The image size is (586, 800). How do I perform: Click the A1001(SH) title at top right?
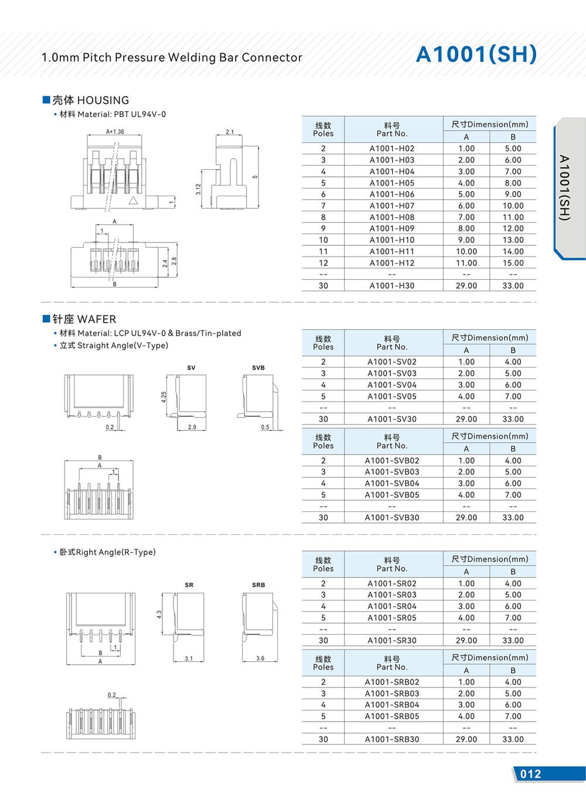click(x=476, y=54)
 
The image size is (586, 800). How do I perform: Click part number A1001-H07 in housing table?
click(x=391, y=206)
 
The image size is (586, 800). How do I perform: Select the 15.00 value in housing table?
click(x=513, y=263)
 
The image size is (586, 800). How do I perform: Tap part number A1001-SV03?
click(x=391, y=373)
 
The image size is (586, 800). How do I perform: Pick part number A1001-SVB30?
click(x=391, y=518)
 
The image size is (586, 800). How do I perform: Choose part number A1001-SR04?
click(x=391, y=606)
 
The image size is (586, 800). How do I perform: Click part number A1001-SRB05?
click(x=391, y=716)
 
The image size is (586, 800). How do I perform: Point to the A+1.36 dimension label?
click(x=115, y=132)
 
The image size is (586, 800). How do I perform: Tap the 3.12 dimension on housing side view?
click(x=199, y=189)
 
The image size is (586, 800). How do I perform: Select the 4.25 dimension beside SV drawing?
click(x=164, y=396)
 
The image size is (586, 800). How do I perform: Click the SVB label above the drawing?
click(x=258, y=368)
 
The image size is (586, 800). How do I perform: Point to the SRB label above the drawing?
click(x=258, y=585)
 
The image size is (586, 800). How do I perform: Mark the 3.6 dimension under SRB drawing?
click(x=260, y=658)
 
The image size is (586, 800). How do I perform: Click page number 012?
click(x=530, y=774)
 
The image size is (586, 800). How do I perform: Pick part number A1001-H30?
click(x=391, y=286)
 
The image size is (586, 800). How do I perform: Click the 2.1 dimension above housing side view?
click(x=230, y=132)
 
